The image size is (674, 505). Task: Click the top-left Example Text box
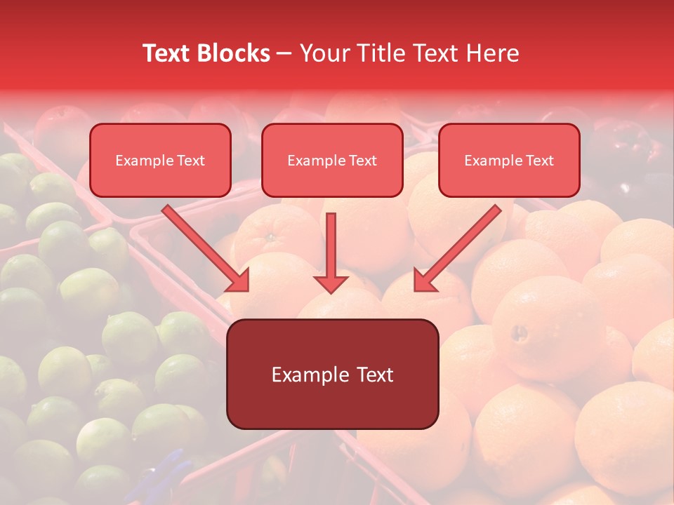[x=160, y=160]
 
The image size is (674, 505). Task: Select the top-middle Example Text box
[x=332, y=160]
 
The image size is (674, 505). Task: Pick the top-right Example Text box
[x=509, y=160]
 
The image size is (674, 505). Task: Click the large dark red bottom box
[x=332, y=374]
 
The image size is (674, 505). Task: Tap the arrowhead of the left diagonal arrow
[x=239, y=281]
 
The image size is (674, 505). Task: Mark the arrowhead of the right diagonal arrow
[x=424, y=281]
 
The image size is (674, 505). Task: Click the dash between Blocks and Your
[x=284, y=54]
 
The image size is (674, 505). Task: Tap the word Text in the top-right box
[x=540, y=161]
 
